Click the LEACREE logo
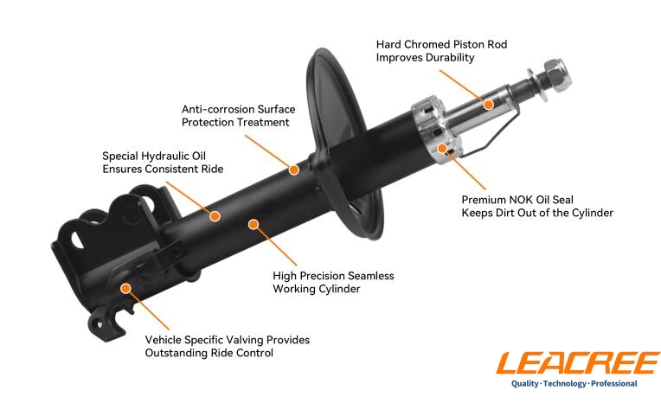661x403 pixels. [578, 363]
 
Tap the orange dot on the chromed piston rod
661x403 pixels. [489, 105]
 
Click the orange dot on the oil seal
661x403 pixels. [442, 148]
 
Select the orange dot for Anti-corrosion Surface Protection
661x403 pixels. [294, 170]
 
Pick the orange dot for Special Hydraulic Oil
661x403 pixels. [215, 216]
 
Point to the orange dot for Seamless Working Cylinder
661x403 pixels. [253, 224]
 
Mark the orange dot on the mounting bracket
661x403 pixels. [125, 288]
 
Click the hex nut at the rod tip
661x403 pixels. [556, 75]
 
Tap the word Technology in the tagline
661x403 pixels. [565, 384]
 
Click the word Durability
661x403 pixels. [448, 57]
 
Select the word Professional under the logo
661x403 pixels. [614, 384]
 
